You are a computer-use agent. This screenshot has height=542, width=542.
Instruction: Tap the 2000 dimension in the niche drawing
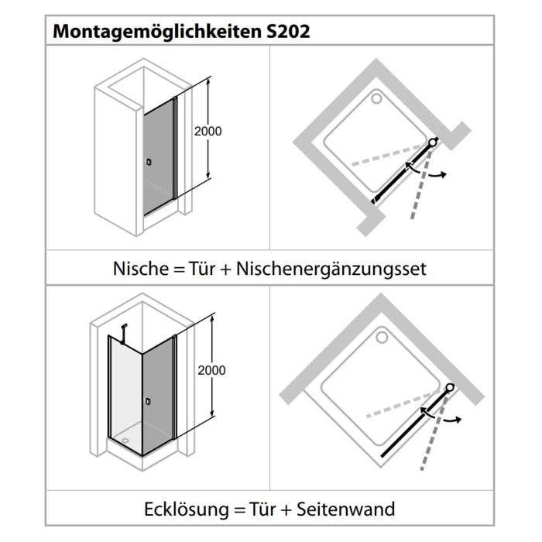tap(207, 131)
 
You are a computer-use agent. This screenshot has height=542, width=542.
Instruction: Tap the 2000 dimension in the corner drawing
tap(211, 370)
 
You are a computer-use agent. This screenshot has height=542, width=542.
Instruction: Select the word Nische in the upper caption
tap(139, 269)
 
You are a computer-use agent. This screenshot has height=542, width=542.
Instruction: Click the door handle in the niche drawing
tap(149, 162)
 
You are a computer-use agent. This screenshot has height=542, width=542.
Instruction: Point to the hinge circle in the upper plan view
tap(432, 143)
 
